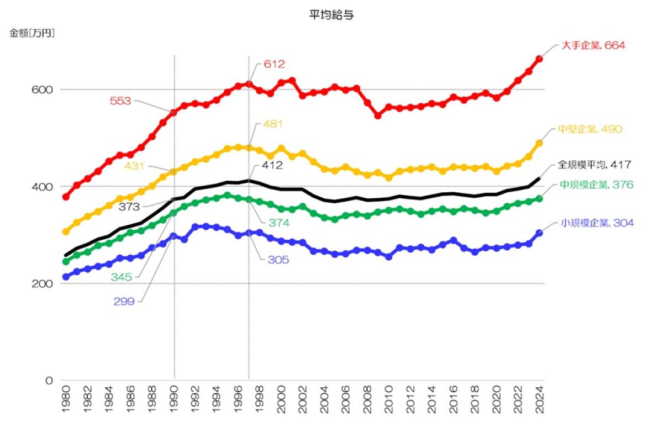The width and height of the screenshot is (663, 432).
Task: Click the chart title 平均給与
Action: (331, 15)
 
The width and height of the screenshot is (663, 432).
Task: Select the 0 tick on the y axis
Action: (48, 381)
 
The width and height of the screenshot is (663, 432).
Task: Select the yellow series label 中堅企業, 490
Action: (590, 129)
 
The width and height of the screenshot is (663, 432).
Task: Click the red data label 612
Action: (274, 65)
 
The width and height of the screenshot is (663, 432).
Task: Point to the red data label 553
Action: (120, 101)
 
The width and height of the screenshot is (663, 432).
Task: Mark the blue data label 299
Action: (124, 302)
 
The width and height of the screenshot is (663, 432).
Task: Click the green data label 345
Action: (121, 277)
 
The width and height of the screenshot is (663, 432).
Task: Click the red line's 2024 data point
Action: (540, 59)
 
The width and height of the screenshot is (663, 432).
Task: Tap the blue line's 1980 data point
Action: (66, 277)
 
